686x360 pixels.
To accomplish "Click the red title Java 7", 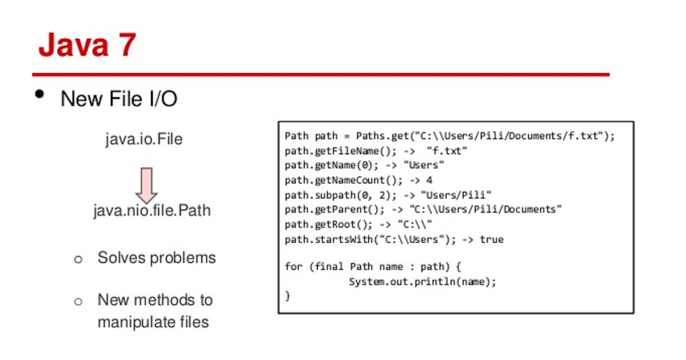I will [x=87, y=46].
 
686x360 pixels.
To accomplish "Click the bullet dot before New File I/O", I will [x=39, y=94].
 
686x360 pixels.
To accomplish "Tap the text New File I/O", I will [x=119, y=99].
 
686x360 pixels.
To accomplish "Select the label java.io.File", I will [x=143, y=139].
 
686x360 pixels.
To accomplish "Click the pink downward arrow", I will [x=147, y=185].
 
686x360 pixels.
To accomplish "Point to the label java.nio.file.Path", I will [x=152, y=210].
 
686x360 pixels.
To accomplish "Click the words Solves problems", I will [x=157, y=258].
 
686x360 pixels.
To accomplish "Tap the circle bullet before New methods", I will [x=78, y=301].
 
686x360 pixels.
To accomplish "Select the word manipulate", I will [x=131, y=322].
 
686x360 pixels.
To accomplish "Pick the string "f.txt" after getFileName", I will [x=447, y=151].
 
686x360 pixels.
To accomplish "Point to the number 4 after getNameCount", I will [x=429, y=181].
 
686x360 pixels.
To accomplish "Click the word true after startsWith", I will [x=492, y=239].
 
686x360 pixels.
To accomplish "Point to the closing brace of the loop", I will [x=288, y=296].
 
